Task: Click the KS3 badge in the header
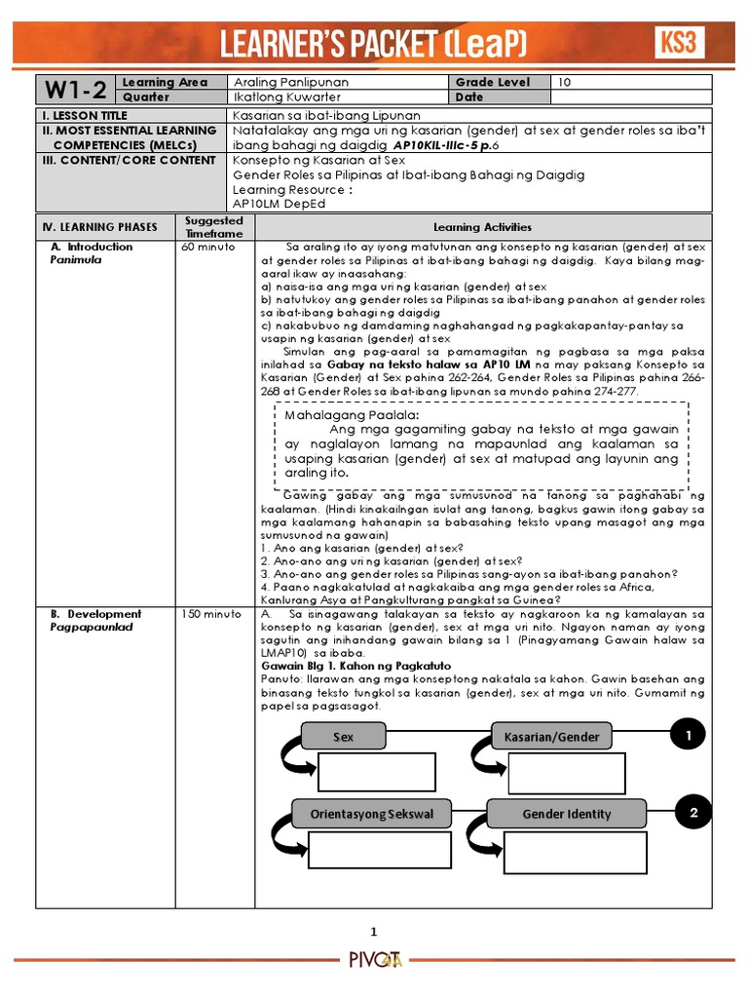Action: click(678, 42)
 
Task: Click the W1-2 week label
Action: click(74, 90)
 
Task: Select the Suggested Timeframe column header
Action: click(213, 227)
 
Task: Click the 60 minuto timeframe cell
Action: click(208, 248)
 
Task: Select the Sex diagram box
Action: click(343, 737)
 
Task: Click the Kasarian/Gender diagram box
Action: click(551, 737)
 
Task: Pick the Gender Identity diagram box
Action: click(566, 814)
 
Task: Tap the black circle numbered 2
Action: click(692, 812)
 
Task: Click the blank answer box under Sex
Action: click(376, 774)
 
